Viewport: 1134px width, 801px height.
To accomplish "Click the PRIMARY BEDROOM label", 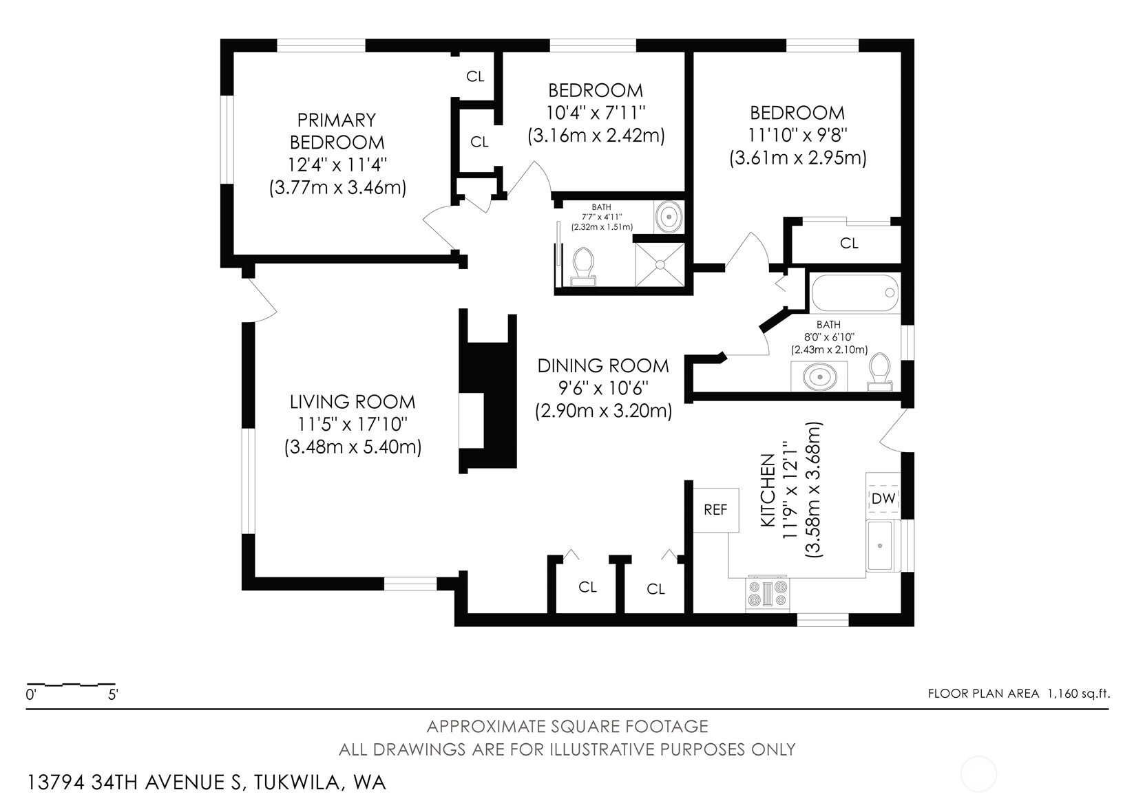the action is pos(337,131).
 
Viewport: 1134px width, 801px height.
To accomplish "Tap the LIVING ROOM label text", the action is pos(353,402).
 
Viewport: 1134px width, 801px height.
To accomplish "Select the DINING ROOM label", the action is pos(603,365).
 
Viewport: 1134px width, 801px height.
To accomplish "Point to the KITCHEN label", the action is pos(768,490).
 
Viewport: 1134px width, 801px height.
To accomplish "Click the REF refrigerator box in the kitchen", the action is pos(716,510).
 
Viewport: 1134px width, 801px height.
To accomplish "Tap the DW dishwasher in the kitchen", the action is pos(883,498).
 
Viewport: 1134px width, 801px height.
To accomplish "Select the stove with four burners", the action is pos(768,594).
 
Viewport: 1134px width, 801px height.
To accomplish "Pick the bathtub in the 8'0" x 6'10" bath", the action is pos(855,293).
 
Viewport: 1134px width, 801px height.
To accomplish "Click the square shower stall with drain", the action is pos(660,265).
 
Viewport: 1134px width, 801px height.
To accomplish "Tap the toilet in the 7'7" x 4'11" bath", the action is pos(583,267).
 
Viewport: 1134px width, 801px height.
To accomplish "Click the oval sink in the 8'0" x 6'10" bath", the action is pos(819,377).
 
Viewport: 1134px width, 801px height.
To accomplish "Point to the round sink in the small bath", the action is pos(669,217).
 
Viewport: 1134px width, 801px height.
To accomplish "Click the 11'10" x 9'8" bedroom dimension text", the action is pos(798,135).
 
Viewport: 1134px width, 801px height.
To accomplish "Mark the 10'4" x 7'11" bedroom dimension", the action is pos(596,112).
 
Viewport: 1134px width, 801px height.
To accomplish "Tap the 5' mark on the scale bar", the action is pos(113,695).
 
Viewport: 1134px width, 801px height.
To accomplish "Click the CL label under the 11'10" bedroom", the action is pos(849,244).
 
